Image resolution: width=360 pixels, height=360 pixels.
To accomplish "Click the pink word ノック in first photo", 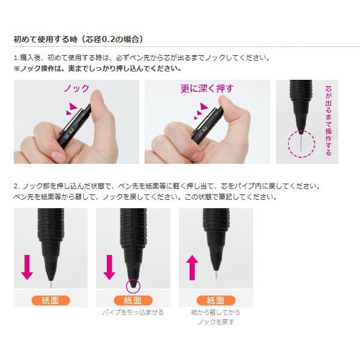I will (76, 89).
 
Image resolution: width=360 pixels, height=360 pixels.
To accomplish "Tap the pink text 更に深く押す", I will (207, 89).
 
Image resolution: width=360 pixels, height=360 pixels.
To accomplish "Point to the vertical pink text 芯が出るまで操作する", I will (328, 120).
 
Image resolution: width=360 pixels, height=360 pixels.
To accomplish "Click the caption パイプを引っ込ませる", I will (133, 313).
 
